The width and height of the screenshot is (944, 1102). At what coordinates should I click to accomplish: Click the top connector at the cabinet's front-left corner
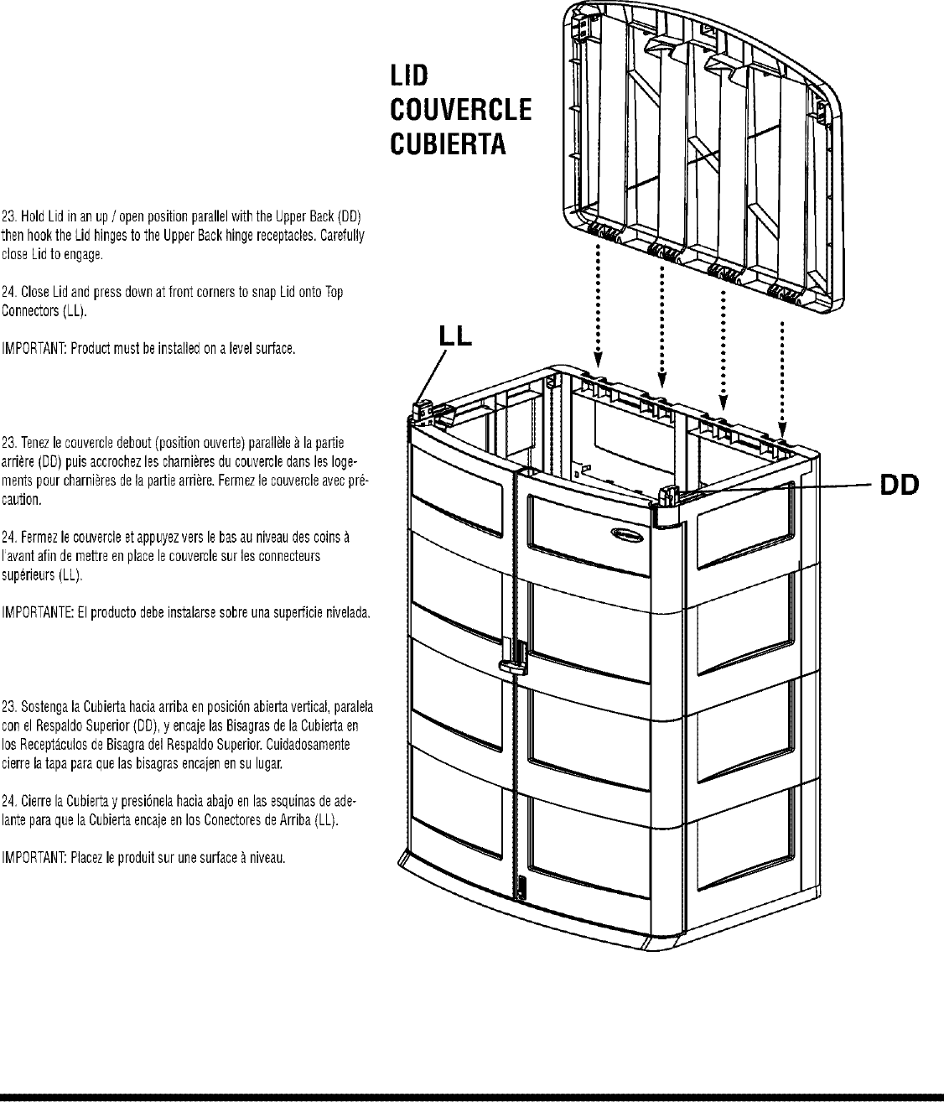point(423,408)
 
